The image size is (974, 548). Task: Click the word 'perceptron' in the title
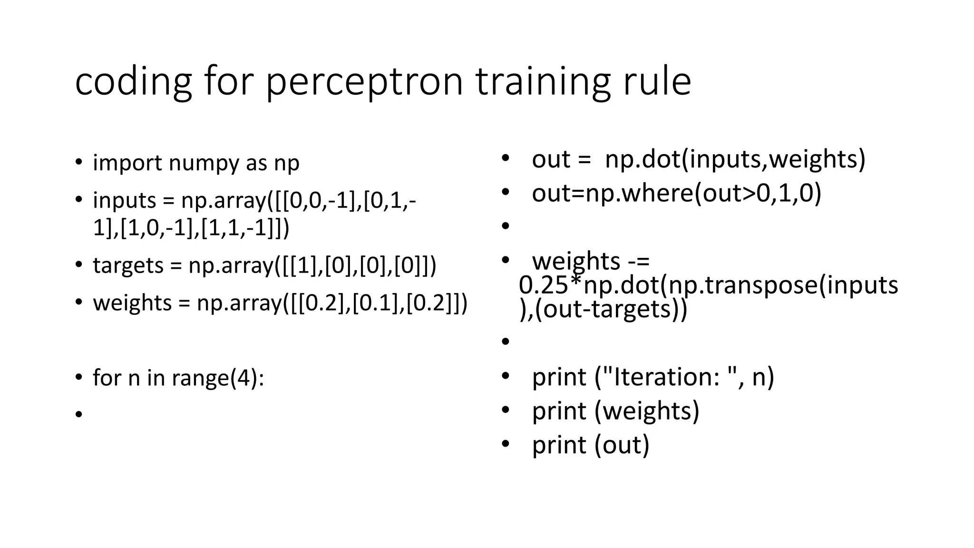pyautogui.click(x=364, y=82)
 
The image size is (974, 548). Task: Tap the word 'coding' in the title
pyautogui.click(x=133, y=82)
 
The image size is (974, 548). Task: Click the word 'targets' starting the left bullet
pyautogui.click(x=128, y=265)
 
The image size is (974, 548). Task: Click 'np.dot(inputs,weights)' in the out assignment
pyautogui.click(x=735, y=159)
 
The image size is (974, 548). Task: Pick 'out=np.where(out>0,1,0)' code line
pyautogui.click(x=676, y=193)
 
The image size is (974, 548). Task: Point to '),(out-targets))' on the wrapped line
pyautogui.click(x=603, y=309)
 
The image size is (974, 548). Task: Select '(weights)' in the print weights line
pyautogui.click(x=647, y=411)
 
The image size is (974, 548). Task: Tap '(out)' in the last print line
pyautogui.click(x=622, y=445)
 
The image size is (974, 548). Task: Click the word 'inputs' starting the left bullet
pyautogui.click(x=124, y=201)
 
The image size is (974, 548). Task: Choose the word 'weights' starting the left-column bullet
pyautogui.click(x=132, y=303)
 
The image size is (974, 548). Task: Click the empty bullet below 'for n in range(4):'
pyautogui.click(x=79, y=414)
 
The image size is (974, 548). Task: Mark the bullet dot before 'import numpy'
pyautogui.click(x=79, y=162)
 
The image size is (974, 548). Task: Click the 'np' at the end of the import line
pyautogui.click(x=286, y=163)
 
